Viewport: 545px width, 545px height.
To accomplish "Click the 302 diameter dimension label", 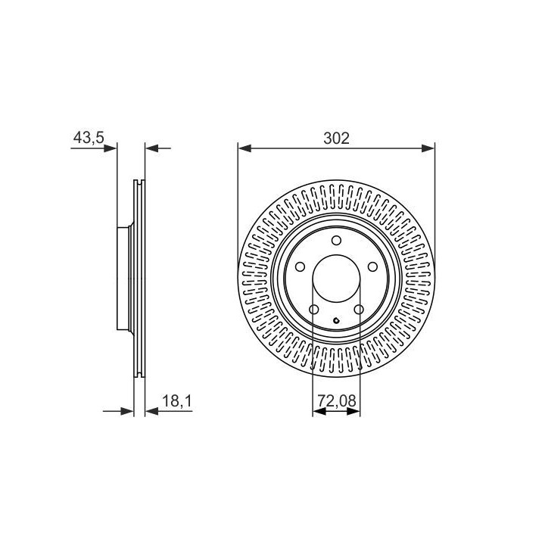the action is point(336,139).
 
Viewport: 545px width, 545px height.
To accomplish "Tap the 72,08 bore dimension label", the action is point(337,400).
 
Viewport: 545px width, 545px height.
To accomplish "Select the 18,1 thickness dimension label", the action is point(177,401).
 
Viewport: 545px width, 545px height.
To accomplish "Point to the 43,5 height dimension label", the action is point(89,138).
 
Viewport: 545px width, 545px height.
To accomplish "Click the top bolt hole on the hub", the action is point(336,240).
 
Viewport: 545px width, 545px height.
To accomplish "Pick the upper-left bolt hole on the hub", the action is point(300,267).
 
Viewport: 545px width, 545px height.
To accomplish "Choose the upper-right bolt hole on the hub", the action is point(372,267).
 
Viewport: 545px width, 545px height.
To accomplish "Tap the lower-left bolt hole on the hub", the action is point(314,310).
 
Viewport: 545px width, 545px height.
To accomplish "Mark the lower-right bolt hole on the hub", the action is point(359,310).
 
